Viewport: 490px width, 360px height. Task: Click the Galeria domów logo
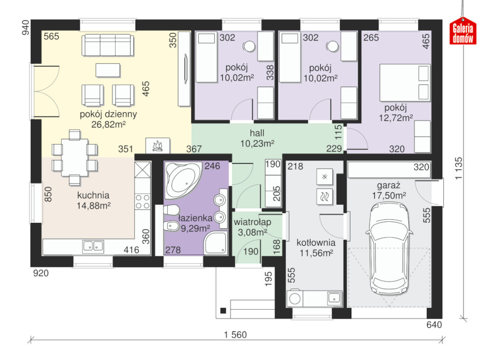tap(463, 31)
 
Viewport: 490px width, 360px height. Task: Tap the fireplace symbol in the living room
tap(158, 145)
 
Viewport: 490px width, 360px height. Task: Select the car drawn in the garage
tap(389, 249)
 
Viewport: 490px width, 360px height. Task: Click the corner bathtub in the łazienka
tap(183, 180)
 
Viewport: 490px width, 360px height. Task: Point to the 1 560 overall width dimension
tap(235, 335)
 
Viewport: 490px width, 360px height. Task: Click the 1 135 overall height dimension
tap(458, 168)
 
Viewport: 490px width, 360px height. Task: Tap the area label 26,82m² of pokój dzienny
tap(108, 125)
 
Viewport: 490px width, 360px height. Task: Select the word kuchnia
tap(93, 195)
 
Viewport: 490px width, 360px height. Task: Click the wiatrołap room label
tap(252, 222)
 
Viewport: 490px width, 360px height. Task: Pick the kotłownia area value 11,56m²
tap(316, 252)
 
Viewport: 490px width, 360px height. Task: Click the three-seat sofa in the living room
tap(108, 45)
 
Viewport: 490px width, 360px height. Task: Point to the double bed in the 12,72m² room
tap(405, 83)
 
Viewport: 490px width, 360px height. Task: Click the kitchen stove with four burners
tap(143, 202)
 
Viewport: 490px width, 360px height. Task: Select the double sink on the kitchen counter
tap(93, 246)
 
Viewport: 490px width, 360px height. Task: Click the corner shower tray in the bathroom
tap(215, 243)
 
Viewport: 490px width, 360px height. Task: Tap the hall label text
tap(257, 133)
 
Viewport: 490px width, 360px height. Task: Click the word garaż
tap(388, 185)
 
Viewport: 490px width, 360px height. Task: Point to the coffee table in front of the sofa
tap(108, 70)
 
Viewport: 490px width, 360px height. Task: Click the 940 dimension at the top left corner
tap(25, 28)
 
